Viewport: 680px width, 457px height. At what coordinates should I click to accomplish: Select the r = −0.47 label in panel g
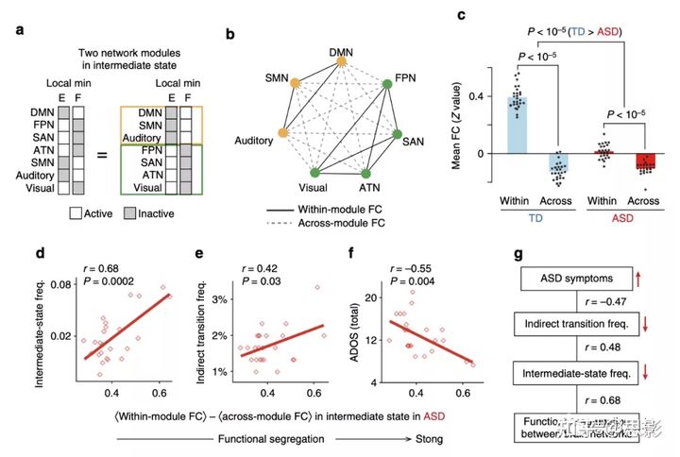tap(598, 302)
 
